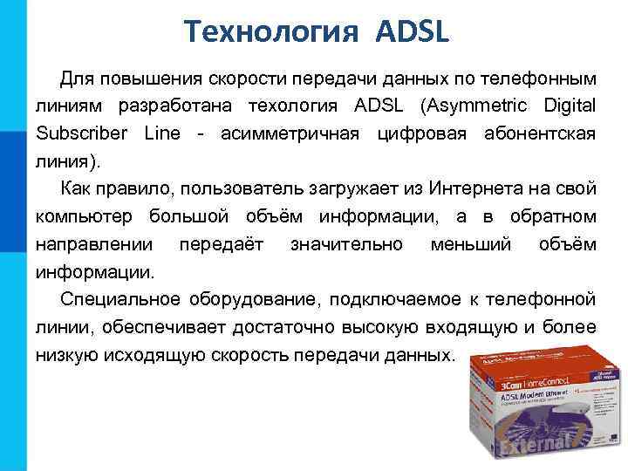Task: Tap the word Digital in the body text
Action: coord(568,106)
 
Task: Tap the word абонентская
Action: coord(542,133)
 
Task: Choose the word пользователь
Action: coord(232,188)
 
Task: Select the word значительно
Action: coord(347,244)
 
